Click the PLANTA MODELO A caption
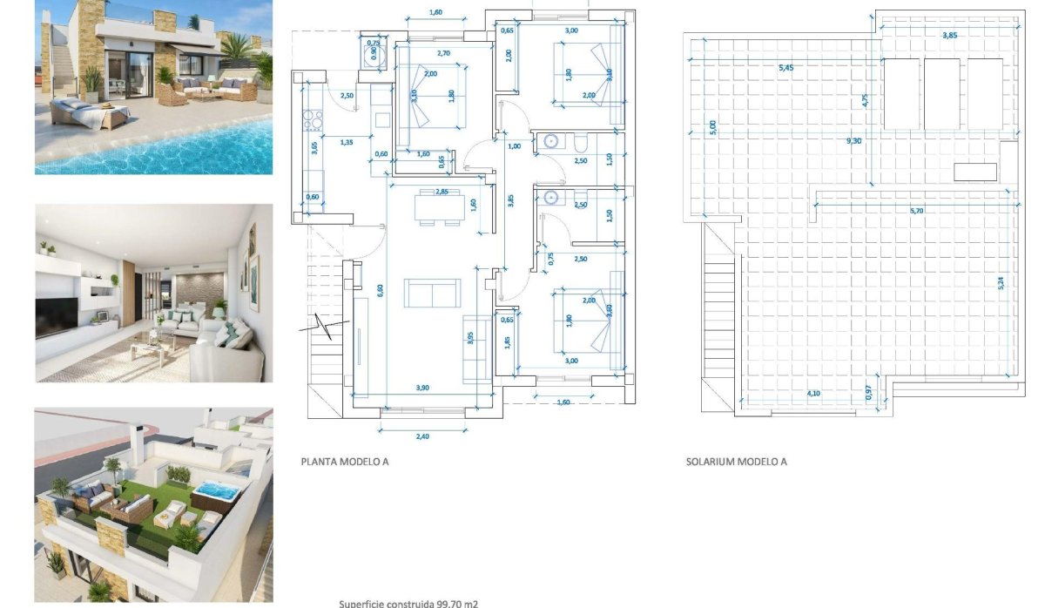[x=344, y=462]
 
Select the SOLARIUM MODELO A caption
[x=736, y=462]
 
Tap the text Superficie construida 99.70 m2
[x=408, y=603]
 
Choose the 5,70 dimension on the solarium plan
[x=918, y=210]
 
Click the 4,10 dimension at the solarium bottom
[x=813, y=394]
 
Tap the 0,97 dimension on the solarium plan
[x=868, y=394]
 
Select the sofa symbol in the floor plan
[x=432, y=294]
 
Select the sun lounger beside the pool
[x=90, y=114]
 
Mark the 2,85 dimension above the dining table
[x=441, y=191]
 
